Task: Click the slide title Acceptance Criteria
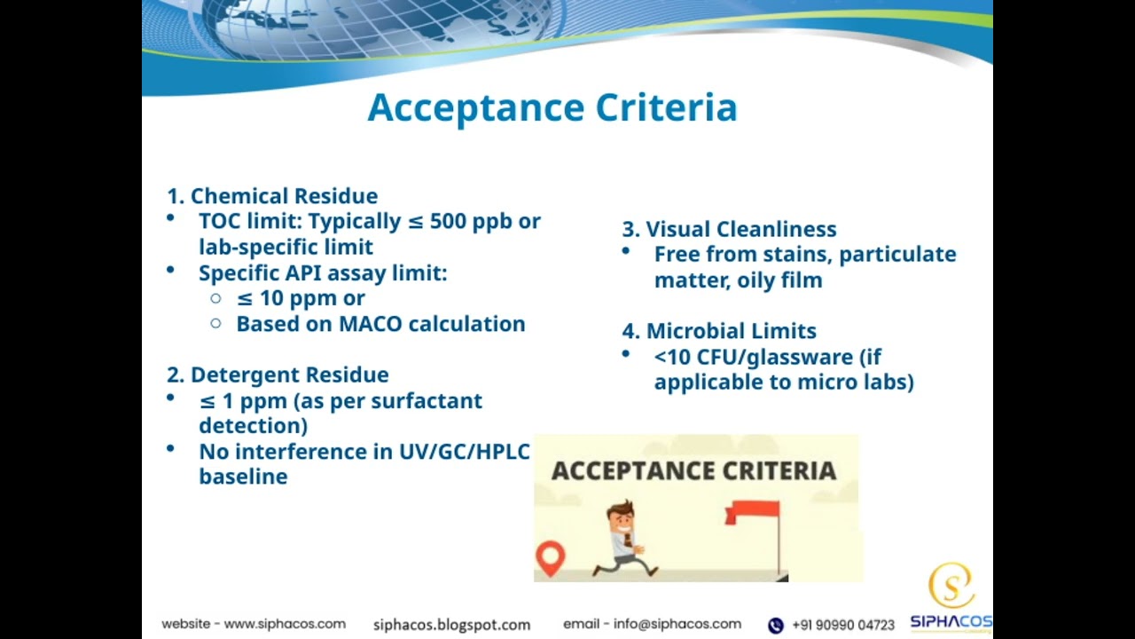tap(552, 108)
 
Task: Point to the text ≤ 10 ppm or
tap(301, 298)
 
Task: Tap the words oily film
tap(779, 280)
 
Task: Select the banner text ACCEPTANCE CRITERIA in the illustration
tap(693, 470)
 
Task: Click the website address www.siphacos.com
tap(285, 624)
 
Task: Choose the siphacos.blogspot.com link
tap(451, 625)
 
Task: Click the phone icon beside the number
tap(776, 626)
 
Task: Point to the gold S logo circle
tap(951, 586)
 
